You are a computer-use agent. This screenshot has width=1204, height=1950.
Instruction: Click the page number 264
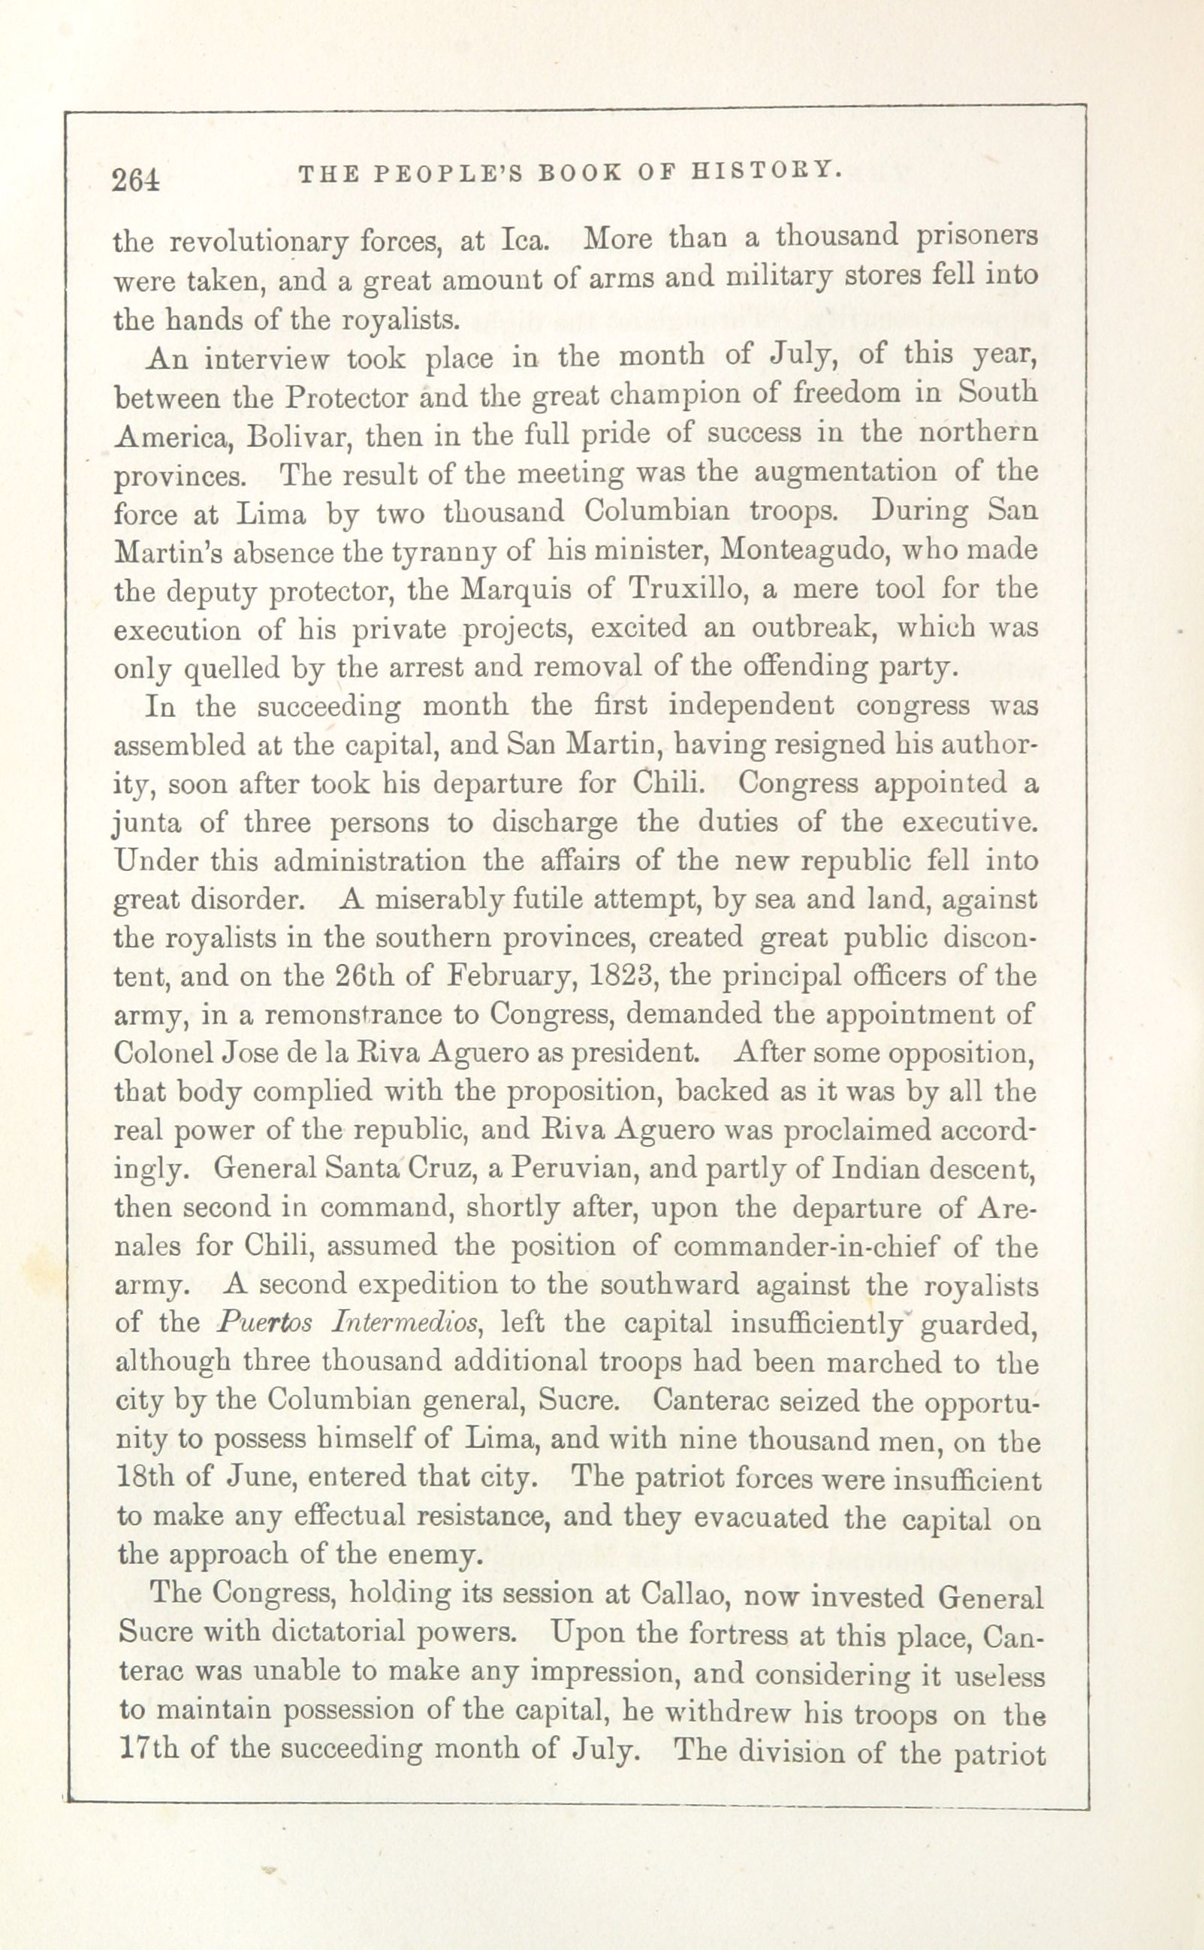137,180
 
